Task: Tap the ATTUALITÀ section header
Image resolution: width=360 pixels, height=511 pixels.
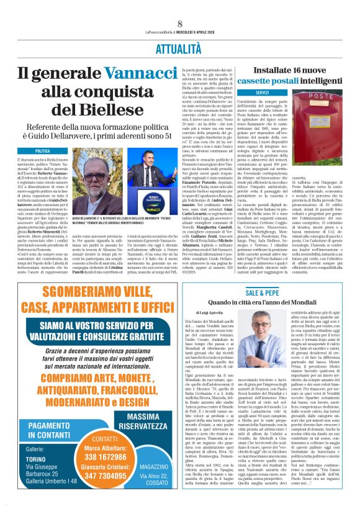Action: [x=180, y=47]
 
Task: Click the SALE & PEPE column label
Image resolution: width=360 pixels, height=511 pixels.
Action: [x=262, y=291]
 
